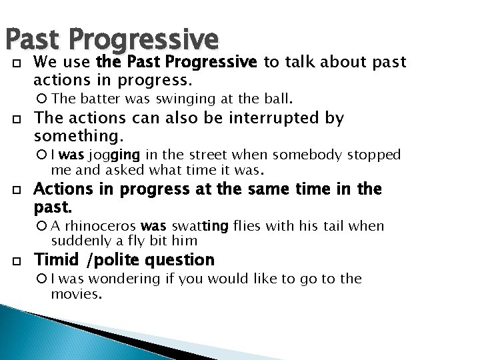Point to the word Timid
pos(55,259)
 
